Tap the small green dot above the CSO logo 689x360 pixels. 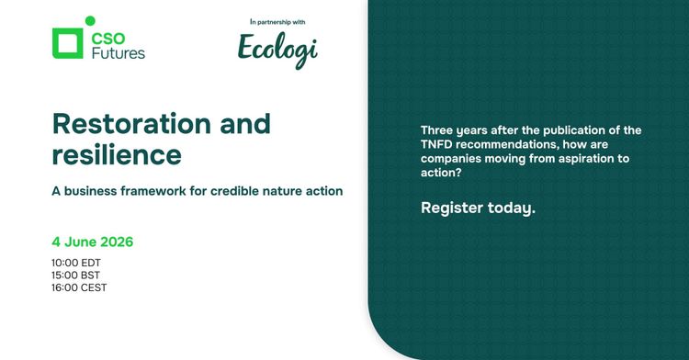tap(89, 21)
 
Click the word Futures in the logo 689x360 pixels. tap(119, 53)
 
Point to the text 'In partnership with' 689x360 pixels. tap(277, 21)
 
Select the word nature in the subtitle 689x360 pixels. tap(279, 192)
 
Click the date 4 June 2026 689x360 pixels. tap(93, 242)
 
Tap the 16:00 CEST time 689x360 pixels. tap(79, 287)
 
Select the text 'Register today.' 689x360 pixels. tap(478, 208)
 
